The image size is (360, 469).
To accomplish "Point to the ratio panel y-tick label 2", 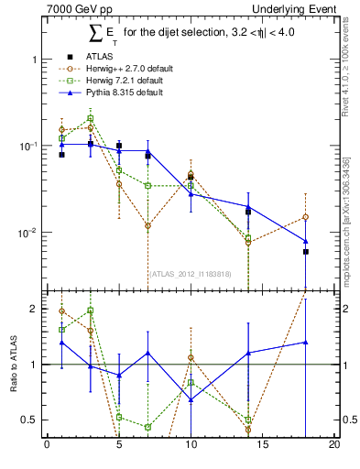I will (33, 309).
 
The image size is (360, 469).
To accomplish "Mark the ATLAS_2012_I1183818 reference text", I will (191, 273).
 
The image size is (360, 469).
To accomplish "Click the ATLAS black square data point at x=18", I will (306, 251).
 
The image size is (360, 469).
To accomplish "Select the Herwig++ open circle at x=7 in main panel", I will (147, 225).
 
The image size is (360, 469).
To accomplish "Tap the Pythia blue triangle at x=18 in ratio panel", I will (306, 342).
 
